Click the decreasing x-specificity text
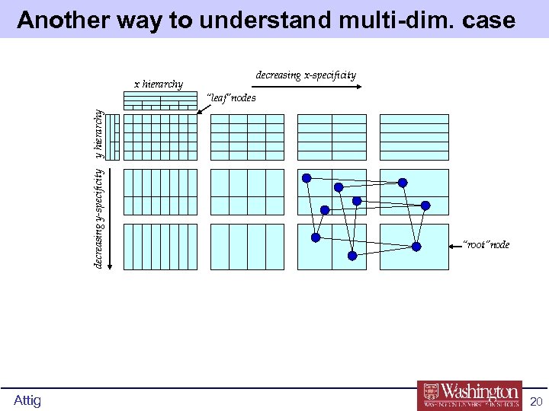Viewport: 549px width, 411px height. pyautogui.click(x=306, y=75)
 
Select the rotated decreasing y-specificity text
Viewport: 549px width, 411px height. pyautogui.click(x=98, y=218)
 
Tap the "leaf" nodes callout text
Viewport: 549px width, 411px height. pyautogui.click(x=232, y=98)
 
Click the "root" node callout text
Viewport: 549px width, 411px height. pyautogui.click(x=487, y=244)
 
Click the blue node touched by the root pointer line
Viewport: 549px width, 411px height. pyautogui.click(x=416, y=246)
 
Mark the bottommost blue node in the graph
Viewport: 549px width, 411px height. pyautogui.click(x=352, y=256)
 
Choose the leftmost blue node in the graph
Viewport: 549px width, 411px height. pyautogui.click(x=306, y=179)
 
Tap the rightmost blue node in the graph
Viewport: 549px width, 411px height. pyautogui.click(x=426, y=205)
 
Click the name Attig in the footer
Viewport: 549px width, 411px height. pyautogui.click(x=27, y=400)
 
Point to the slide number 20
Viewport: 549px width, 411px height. pyautogui.click(x=535, y=401)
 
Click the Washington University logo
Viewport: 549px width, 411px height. pyautogui.click(x=469, y=395)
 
